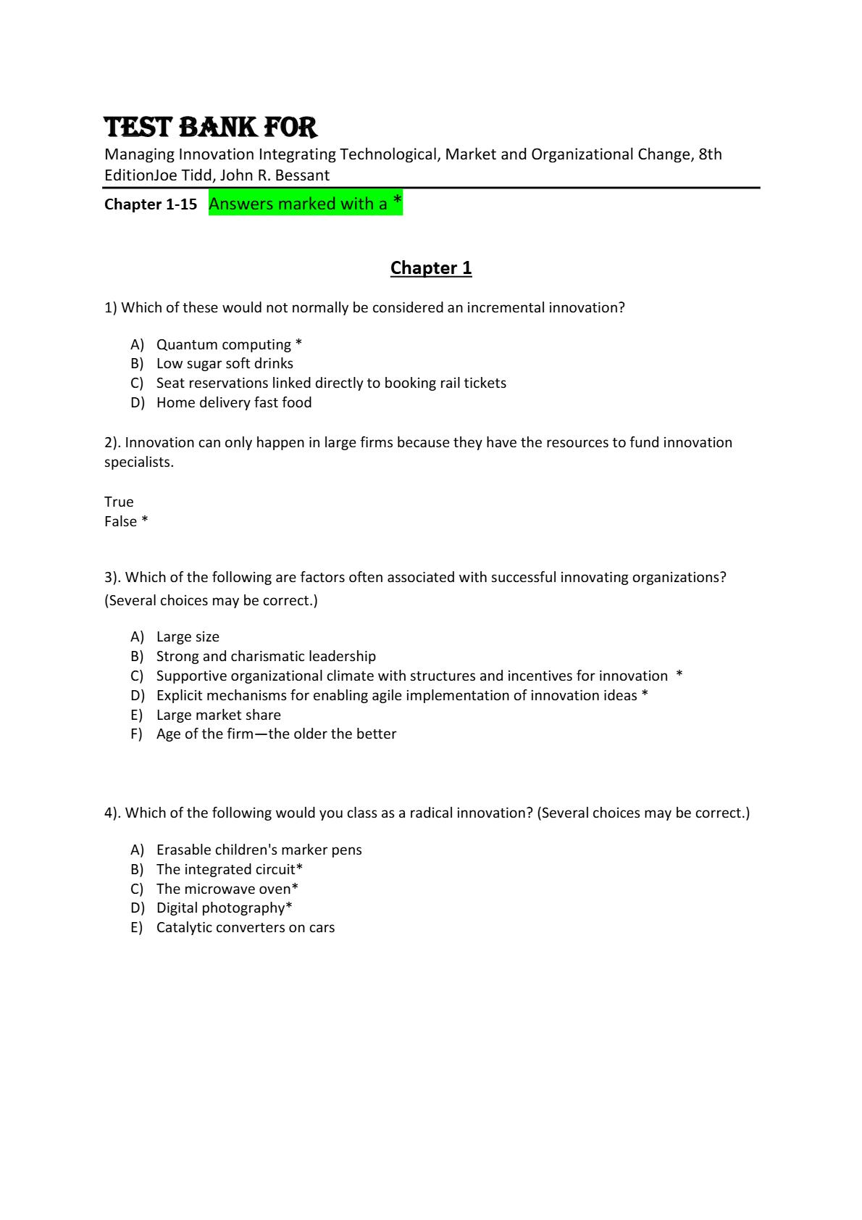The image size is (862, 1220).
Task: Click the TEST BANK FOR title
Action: coord(211,127)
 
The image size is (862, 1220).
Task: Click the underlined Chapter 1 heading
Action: coord(431,267)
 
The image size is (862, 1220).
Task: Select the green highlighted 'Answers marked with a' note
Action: coord(305,204)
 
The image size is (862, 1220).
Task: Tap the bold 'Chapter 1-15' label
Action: coord(151,204)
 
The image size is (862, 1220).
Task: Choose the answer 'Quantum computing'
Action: coord(224,344)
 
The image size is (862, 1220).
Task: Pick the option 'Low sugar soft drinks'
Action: coord(225,363)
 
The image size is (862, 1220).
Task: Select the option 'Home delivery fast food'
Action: coord(234,402)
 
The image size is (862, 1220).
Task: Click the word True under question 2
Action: coord(119,502)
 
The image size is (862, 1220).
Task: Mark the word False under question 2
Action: coord(121,521)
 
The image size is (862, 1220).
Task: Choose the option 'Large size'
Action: coord(188,636)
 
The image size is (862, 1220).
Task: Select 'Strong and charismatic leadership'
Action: coord(266,656)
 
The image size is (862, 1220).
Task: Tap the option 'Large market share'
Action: coord(218,715)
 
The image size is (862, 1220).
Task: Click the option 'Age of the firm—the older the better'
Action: coord(276,734)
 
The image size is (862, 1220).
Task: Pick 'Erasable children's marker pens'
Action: coord(259,850)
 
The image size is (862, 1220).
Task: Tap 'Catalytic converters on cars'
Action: coord(246,927)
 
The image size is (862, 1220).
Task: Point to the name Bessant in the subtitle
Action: coord(302,175)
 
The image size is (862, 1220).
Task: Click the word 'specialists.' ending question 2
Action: coord(139,462)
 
